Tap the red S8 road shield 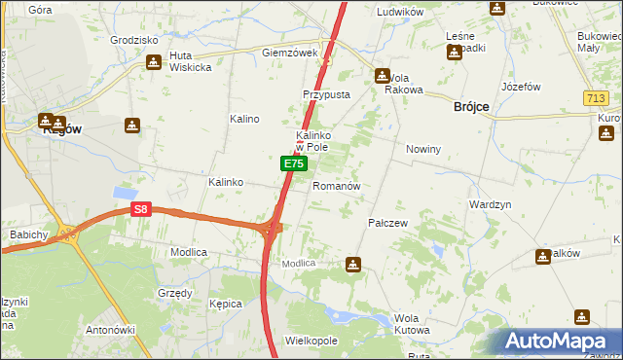[142, 209]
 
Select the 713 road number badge [597, 98]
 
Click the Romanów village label [337, 186]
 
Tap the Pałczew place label [387, 223]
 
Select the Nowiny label [423, 150]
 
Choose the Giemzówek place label [290, 53]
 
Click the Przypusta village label [325, 95]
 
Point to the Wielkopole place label [311, 342]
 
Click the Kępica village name [226, 304]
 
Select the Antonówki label [110, 329]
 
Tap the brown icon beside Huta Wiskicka [154, 62]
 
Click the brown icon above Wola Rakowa [383, 75]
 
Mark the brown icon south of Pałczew [353, 264]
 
